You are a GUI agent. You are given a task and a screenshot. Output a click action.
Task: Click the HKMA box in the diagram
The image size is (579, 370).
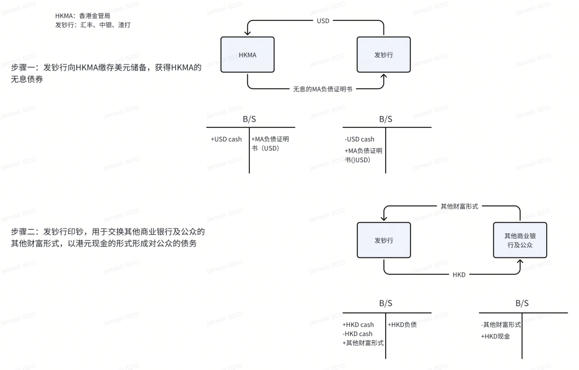(247, 54)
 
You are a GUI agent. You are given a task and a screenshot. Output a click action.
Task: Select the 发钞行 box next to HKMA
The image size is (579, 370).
(383, 54)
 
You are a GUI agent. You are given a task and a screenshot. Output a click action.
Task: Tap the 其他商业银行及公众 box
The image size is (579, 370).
(520, 240)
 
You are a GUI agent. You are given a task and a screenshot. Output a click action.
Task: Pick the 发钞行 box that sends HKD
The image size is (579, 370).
(383, 240)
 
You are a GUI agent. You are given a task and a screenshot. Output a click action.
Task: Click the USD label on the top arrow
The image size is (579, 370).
(323, 20)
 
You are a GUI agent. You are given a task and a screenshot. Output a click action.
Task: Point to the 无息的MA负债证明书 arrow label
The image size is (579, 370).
(323, 89)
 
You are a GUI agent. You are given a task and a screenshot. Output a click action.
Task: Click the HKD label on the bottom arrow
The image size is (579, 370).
(459, 274)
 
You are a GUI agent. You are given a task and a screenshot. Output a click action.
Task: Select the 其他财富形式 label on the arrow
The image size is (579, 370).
(459, 206)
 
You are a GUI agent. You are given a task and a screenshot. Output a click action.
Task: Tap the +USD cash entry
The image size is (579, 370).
(226, 139)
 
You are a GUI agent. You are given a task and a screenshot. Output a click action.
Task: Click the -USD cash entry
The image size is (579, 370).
(360, 139)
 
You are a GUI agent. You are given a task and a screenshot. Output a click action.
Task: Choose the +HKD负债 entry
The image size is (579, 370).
(402, 325)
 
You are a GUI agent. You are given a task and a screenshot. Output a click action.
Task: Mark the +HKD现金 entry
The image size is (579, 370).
(495, 336)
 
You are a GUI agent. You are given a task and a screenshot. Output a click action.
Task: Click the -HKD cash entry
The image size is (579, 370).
(357, 334)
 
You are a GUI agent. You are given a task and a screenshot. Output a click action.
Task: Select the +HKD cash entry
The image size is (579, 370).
(358, 325)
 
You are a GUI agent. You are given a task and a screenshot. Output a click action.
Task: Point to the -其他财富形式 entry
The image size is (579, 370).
(501, 325)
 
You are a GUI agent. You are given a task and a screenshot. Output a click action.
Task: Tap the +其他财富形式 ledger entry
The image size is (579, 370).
(363, 343)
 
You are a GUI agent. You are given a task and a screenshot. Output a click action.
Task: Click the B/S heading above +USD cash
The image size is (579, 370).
(249, 119)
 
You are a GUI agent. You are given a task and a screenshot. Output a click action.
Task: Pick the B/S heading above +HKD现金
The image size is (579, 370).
(522, 304)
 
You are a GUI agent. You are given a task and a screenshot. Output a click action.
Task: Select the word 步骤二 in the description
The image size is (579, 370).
(22, 232)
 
